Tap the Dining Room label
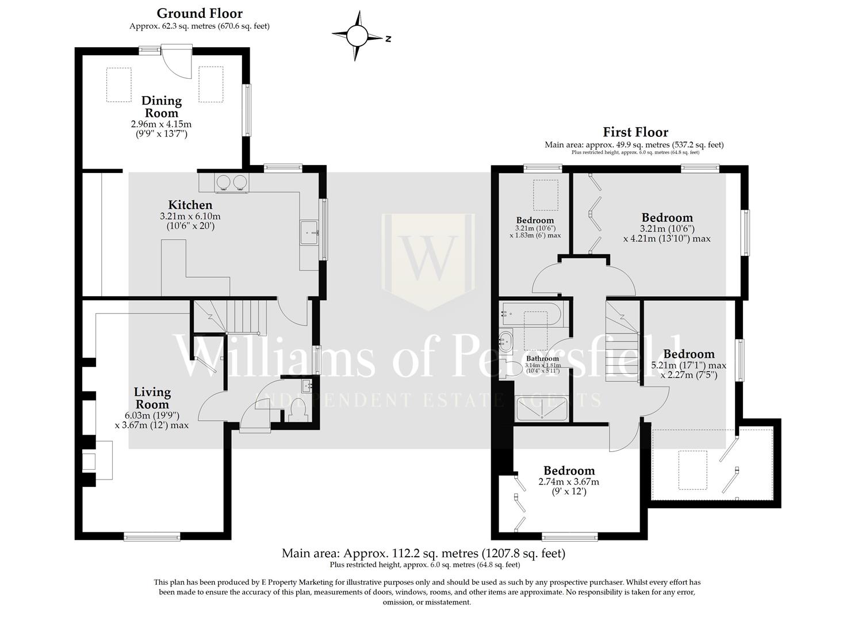point(162,107)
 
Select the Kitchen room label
point(190,205)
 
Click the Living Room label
point(152,398)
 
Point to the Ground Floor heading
point(200,13)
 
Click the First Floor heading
point(635,132)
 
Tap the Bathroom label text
point(542,358)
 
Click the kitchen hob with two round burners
point(231,182)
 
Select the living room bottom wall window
point(152,537)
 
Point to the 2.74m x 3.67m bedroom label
point(569,471)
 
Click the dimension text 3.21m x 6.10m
point(190,217)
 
